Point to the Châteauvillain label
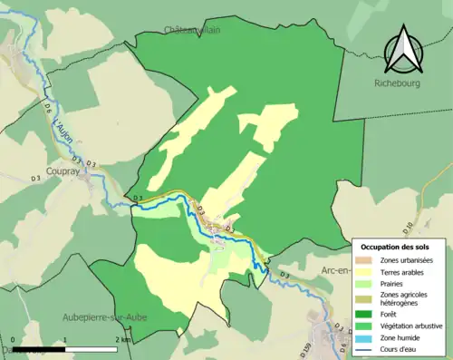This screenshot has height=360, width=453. [193, 30]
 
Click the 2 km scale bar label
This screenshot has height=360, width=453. [121, 339]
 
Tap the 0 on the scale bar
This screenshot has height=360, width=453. [20, 339]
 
